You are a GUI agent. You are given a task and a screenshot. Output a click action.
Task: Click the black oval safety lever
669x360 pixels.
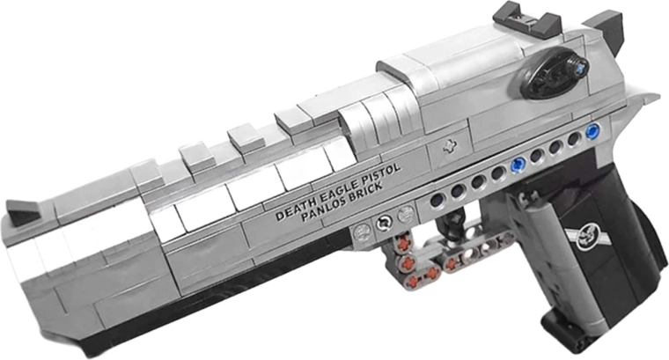[x=555, y=72]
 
